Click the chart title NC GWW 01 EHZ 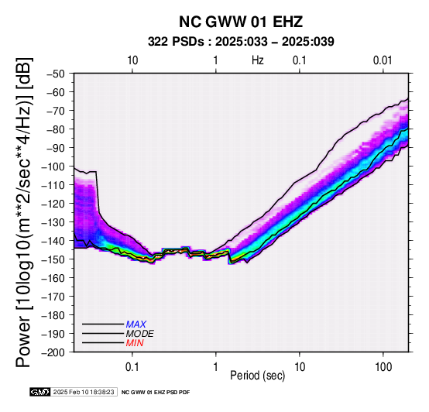pos(241,22)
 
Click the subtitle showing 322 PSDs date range pos(241,42)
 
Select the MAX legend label pos(136,324)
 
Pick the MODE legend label pos(140,334)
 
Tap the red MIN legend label pos(135,343)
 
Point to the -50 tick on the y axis pos(56,74)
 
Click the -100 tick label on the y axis pos(53,167)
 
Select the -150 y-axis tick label pos(53,259)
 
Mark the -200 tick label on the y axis pos(53,352)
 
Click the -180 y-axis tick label pos(53,315)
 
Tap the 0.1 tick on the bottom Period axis pos(132,367)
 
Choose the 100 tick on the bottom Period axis pos(383,367)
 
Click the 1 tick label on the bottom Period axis pos(216,367)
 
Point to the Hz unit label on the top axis pos(258,60)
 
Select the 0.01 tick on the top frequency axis pos(383,60)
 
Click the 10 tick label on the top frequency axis pos(132,60)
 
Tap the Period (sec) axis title pos(257,376)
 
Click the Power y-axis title pos(23,212)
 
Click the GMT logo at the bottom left pos(40,393)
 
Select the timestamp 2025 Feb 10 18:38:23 pos(84,393)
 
